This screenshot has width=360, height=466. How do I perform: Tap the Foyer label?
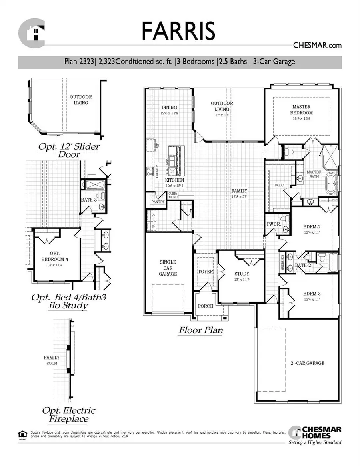pos(206,272)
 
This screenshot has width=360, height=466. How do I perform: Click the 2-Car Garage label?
pos(307,363)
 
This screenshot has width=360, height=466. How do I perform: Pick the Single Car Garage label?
pos(168,268)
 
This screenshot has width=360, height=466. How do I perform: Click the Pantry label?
pos(156,202)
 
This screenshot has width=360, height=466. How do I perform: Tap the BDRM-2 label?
pos(312,226)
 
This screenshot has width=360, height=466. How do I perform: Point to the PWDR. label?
pos(274,224)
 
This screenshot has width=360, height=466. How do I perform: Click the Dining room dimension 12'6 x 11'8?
pos(169,113)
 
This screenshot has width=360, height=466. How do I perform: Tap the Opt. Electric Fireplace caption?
pos(69,415)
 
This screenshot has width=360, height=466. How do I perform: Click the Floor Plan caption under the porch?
pos(200,330)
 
